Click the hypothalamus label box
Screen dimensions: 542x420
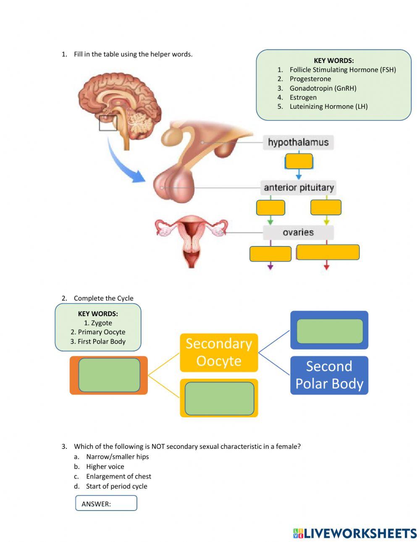[x=298, y=142]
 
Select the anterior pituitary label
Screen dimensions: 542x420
[x=299, y=188]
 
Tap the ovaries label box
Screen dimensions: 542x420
[x=298, y=233]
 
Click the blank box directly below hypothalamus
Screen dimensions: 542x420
[x=299, y=161]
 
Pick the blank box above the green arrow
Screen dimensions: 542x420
[x=270, y=208]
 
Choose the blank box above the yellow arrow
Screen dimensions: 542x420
[x=326, y=207]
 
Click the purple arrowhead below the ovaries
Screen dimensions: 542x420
[x=270, y=266]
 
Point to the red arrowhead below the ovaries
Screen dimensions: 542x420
[x=326, y=266]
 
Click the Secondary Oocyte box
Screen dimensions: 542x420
[x=219, y=353]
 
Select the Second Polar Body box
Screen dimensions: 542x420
[x=329, y=375]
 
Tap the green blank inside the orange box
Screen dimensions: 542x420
[x=109, y=375]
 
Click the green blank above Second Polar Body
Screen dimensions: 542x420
[x=330, y=331]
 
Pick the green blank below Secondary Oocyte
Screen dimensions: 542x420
[x=219, y=398]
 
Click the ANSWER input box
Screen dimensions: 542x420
[x=106, y=503]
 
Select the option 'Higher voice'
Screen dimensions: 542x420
[x=105, y=466]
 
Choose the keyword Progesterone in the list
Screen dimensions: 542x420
[x=310, y=79]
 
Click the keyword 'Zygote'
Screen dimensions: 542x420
[x=98, y=323]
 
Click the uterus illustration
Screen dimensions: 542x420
[x=192, y=239]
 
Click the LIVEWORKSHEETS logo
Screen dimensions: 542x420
[x=355, y=533]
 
